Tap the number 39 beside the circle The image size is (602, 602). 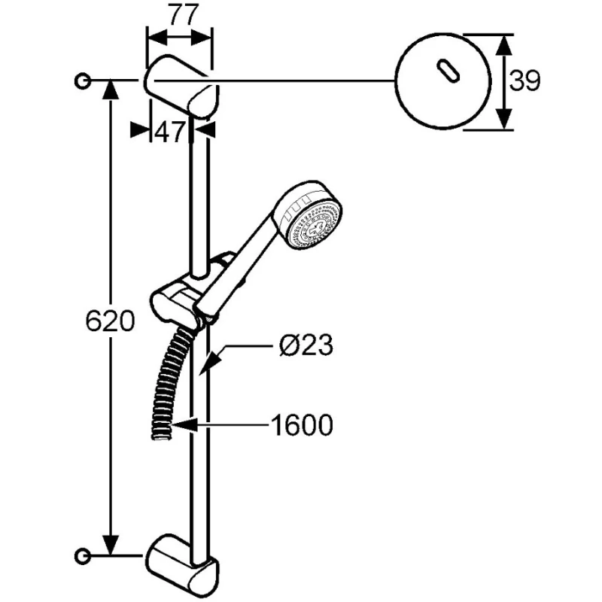(524, 81)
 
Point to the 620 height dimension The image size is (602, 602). (110, 321)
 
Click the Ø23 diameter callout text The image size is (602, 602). (306, 345)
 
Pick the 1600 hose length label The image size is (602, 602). (302, 425)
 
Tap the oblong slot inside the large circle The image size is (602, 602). (448, 71)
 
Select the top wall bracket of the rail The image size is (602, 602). (181, 86)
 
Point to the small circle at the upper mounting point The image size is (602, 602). (82, 81)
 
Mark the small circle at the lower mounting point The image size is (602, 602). (82, 555)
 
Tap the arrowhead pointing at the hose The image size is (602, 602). (184, 425)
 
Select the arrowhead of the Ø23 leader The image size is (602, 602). (209, 363)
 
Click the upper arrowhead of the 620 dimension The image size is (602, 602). (111, 91)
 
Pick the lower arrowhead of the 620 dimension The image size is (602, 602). (111, 545)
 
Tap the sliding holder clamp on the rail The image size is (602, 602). (181, 297)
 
